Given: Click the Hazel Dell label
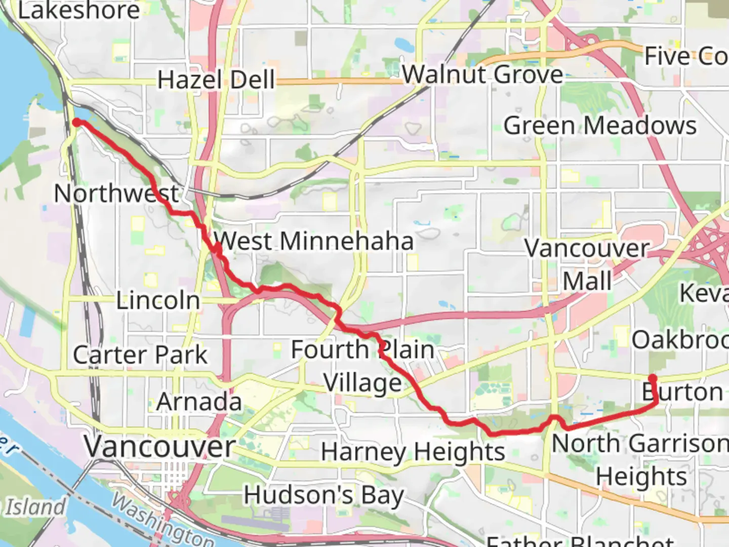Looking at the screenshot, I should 216,80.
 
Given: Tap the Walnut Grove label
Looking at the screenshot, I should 482,75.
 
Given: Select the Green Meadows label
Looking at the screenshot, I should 600,126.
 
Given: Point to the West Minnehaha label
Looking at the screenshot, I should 313,241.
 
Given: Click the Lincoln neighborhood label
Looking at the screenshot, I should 158,301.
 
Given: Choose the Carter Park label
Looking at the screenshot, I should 140,355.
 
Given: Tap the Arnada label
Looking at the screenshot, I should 199,402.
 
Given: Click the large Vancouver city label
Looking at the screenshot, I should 160,447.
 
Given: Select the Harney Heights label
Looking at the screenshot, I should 413,452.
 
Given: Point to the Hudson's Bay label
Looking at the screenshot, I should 324,495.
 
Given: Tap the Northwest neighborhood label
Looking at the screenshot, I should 116,193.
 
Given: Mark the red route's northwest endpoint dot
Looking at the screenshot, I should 76,123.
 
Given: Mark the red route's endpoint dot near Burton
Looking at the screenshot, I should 653,378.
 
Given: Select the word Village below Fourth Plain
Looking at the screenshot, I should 362,383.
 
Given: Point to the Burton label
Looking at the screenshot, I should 682,393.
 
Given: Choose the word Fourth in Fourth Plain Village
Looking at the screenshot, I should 330,350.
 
